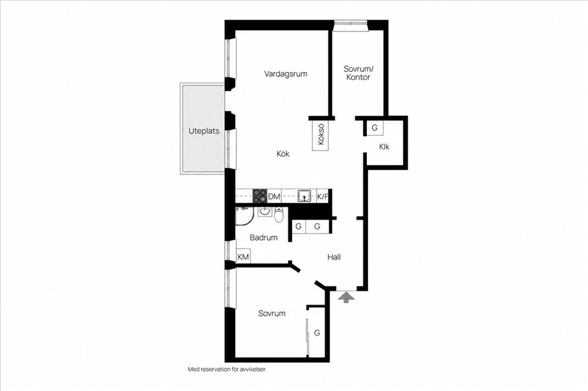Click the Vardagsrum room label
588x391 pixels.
click(285, 74)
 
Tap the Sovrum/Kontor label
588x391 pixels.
click(358, 73)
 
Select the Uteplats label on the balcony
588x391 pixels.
click(203, 131)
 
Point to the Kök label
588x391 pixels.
click(283, 154)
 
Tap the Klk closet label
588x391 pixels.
click(384, 147)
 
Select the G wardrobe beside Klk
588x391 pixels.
click(374, 128)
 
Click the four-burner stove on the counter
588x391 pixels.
click(260, 196)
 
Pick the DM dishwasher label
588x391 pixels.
click(274, 196)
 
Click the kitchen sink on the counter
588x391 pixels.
click(304, 196)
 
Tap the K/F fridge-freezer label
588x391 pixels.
click(322, 196)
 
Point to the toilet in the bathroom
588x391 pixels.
click(279, 215)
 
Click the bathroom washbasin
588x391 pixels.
click(265, 212)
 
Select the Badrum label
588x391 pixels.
click(263, 237)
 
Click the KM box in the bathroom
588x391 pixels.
click(243, 257)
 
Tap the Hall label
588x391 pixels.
click(334, 257)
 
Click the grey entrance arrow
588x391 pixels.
click(346, 297)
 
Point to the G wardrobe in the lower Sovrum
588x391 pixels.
click(317, 333)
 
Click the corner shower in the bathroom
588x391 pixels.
click(244, 216)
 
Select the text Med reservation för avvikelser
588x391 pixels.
click(227, 370)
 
